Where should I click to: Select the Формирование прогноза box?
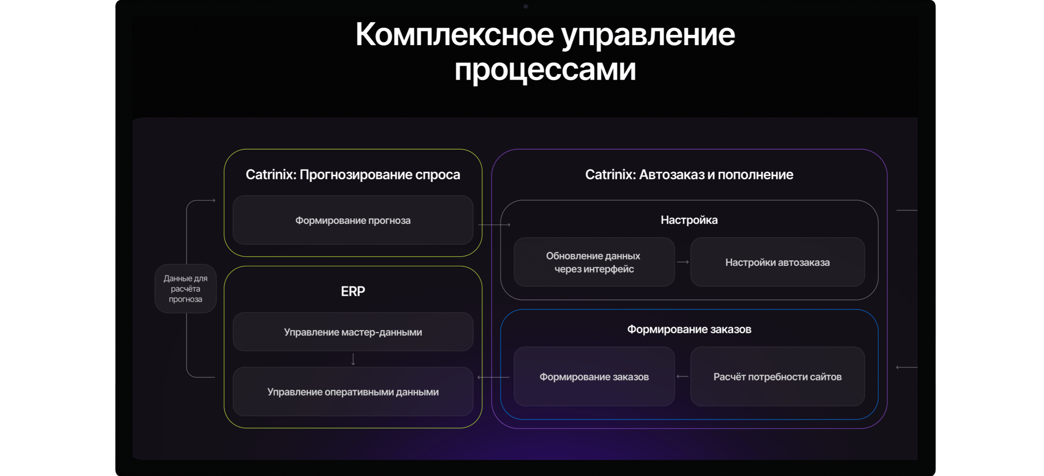tap(353, 220)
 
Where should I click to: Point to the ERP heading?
tap(353, 291)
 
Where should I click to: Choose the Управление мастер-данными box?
tap(353, 332)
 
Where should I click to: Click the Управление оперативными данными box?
tap(353, 392)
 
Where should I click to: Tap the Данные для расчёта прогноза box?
tap(186, 289)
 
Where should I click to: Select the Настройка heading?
tap(689, 220)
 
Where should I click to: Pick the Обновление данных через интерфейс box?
tap(594, 262)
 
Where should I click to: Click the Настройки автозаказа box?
tap(777, 262)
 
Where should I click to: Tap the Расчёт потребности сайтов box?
tap(777, 377)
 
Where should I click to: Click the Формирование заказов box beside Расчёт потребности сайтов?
tap(594, 377)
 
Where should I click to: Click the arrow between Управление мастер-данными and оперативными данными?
tap(353, 359)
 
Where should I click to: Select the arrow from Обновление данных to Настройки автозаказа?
tap(683, 262)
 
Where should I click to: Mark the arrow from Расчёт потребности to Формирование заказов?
tap(683, 377)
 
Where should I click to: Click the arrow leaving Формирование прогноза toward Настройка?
tap(494, 224)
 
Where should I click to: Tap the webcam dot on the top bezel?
tap(526, 6)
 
